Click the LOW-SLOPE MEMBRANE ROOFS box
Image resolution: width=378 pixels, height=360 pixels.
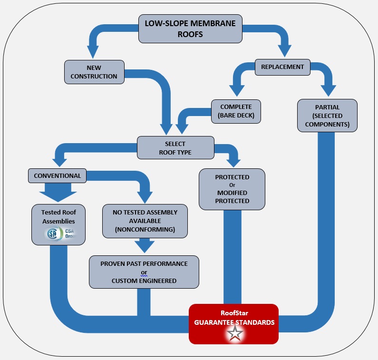tap(190, 28)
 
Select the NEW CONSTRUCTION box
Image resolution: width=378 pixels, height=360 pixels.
tap(95, 72)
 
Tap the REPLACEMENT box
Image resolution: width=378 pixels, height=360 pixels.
tap(282, 67)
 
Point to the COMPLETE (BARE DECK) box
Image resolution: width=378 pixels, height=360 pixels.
tap(236, 110)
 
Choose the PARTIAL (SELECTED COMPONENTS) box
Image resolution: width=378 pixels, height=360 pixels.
tap(327, 115)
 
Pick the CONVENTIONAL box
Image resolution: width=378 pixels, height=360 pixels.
tap(58, 175)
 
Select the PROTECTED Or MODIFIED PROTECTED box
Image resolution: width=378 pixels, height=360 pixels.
tap(232, 189)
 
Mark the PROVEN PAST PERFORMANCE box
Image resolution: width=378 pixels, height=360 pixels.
tap(144, 272)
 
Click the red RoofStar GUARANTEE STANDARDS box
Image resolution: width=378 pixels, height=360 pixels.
tap(233, 324)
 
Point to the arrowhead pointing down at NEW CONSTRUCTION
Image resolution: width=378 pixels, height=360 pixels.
tap(92, 52)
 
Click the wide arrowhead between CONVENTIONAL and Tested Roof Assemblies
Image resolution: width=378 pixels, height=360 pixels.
tap(58, 193)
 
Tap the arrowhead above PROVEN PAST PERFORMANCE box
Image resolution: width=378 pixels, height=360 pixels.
tap(144, 246)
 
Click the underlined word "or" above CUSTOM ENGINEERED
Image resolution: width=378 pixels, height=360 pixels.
tap(144, 272)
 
